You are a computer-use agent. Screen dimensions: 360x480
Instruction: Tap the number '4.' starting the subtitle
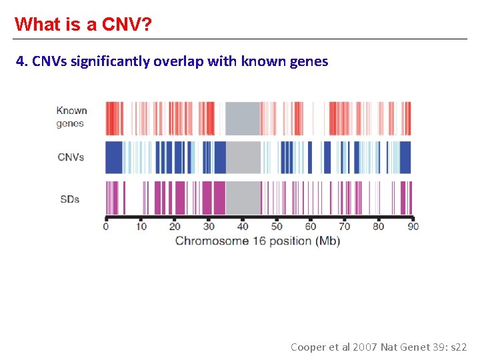[x=22, y=62]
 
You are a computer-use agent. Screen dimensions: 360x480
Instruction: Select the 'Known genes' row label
[x=71, y=117]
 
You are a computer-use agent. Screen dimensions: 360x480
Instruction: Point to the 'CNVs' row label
[x=71, y=157]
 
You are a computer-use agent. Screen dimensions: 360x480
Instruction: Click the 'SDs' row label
[x=70, y=199]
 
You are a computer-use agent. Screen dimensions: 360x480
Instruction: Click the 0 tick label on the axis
[x=105, y=227]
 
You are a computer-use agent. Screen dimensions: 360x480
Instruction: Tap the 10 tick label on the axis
[x=141, y=227]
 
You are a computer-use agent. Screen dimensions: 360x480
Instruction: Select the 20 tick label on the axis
[x=175, y=227]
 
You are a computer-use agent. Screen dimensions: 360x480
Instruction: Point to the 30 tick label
[x=209, y=227]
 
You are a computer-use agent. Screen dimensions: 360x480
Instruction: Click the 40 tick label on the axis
[x=243, y=227]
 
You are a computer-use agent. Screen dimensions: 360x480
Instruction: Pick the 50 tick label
[x=277, y=227]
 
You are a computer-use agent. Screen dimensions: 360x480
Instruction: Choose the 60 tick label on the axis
[x=311, y=227]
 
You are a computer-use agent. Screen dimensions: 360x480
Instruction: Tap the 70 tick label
[x=345, y=227]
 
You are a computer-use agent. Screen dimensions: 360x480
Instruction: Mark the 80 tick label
[x=379, y=227]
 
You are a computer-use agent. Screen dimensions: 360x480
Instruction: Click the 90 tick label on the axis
[x=413, y=227]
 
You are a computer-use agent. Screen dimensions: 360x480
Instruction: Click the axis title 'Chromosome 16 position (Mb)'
[x=257, y=241]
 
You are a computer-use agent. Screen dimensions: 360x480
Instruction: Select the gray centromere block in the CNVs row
[x=243, y=157]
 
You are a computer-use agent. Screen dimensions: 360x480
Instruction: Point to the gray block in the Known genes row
[x=243, y=118]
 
